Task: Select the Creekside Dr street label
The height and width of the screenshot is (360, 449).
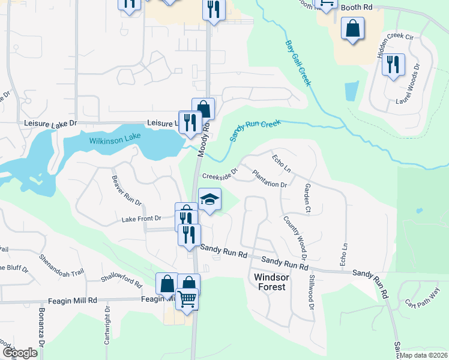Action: click(220, 176)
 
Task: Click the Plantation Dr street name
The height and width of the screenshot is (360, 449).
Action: click(270, 179)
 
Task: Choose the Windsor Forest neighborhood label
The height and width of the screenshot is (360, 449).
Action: click(272, 282)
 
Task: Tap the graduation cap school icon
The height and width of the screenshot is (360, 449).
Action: click(209, 199)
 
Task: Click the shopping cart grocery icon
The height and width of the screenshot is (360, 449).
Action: click(187, 298)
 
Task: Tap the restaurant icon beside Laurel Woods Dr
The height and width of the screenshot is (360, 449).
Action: click(393, 64)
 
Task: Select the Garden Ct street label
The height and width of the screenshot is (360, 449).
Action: click(307, 199)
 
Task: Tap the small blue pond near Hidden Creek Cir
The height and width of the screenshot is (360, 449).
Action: click(352, 91)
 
